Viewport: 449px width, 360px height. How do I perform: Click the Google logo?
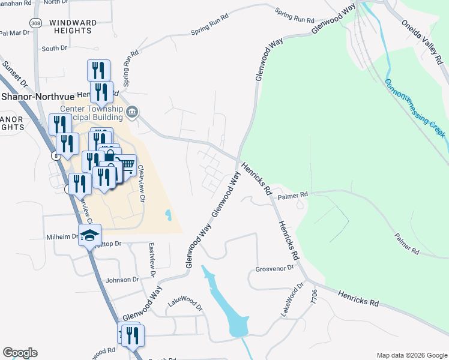(x=20, y=353)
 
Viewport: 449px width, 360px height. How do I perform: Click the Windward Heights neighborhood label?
(x=73, y=26)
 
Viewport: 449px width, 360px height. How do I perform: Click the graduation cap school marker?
(x=90, y=236)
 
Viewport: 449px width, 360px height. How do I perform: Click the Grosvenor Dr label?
(x=274, y=269)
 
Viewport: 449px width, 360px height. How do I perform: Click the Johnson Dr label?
(x=122, y=280)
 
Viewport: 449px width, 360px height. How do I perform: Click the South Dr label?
(x=54, y=49)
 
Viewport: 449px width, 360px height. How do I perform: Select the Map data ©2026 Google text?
(x=411, y=355)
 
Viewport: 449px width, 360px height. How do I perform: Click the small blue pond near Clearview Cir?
(x=168, y=214)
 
